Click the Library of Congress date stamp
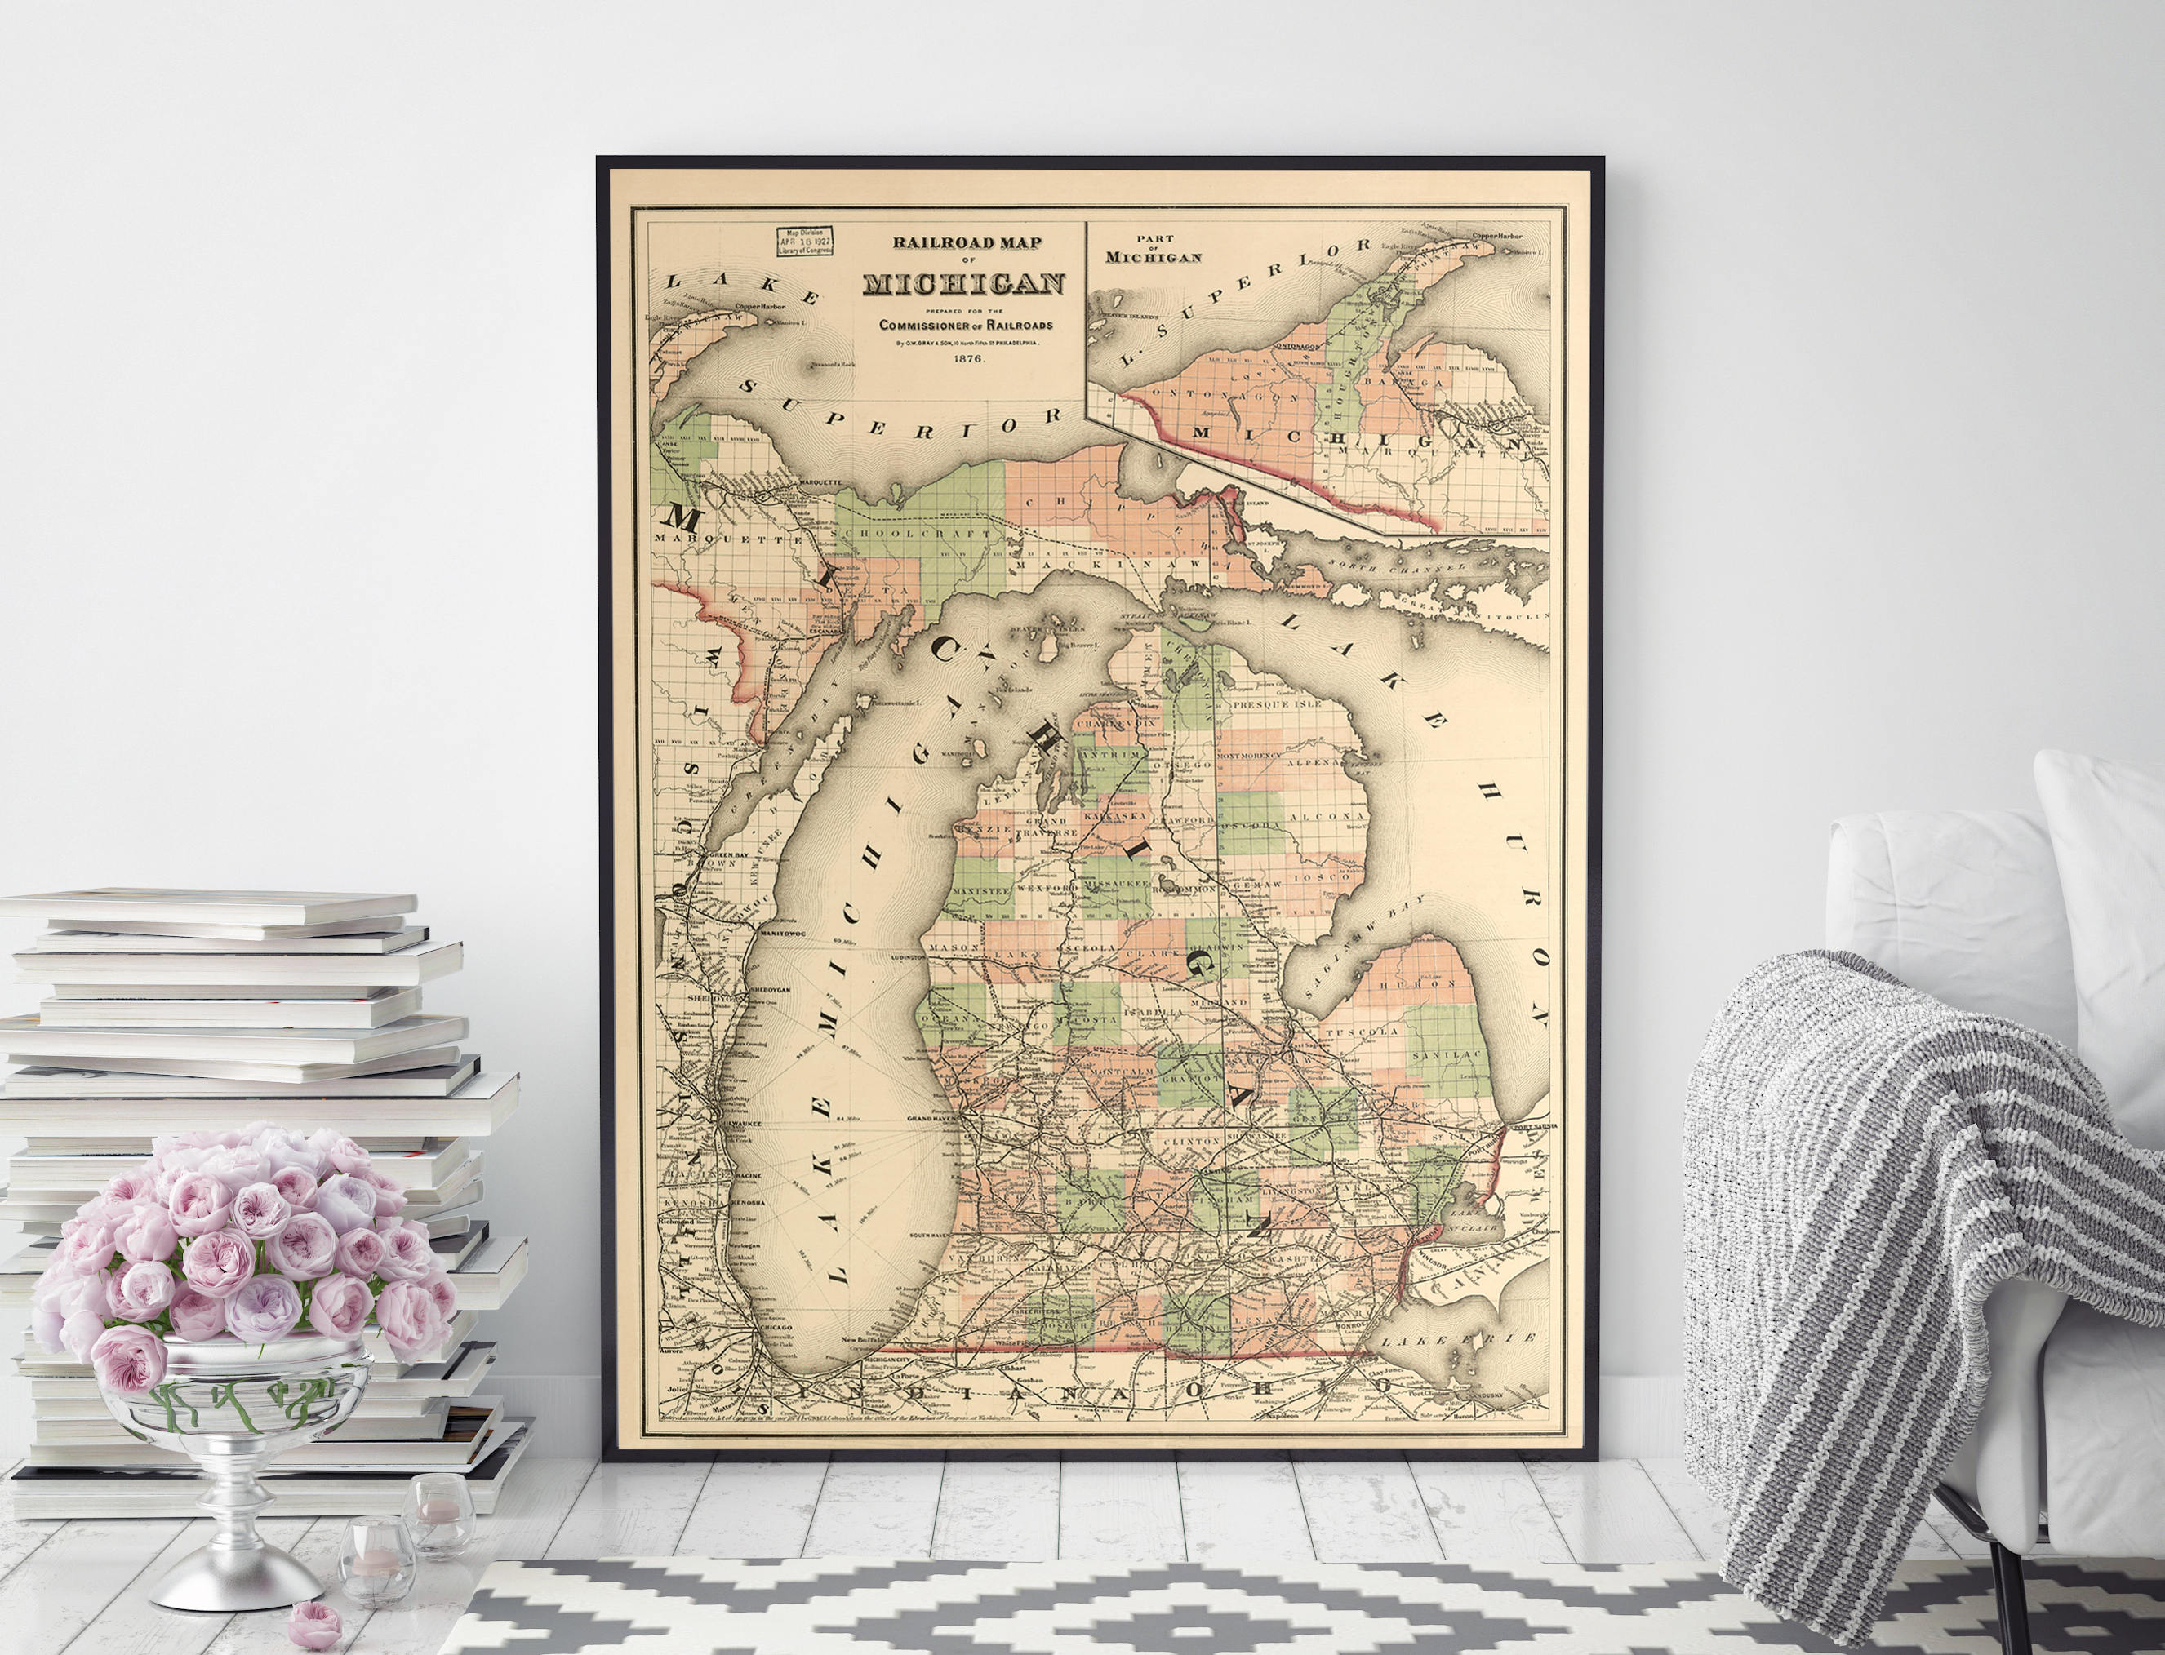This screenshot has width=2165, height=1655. [x=804, y=242]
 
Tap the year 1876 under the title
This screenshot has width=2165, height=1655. [x=967, y=358]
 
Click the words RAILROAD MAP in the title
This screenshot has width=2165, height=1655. [x=967, y=242]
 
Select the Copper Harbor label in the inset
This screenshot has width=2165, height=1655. [x=1497, y=236]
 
